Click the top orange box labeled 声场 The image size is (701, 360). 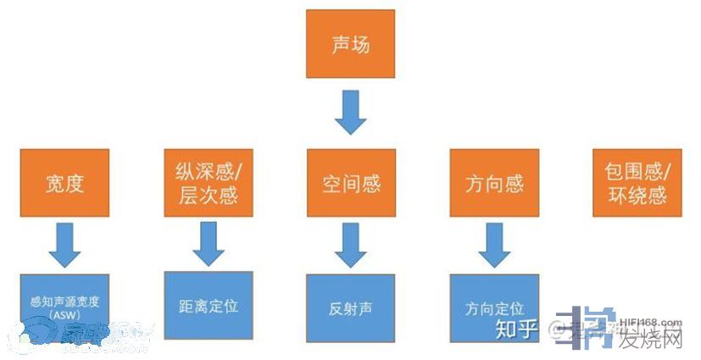click(x=350, y=44)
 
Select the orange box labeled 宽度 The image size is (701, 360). click(x=65, y=183)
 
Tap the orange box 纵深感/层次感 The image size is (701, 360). click(x=208, y=183)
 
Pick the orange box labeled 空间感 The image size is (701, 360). click(x=351, y=183)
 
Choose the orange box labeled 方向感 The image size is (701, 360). click(x=494, y=183)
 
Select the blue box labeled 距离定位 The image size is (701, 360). click(x=208, y=305)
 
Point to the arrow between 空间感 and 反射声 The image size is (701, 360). click(x=350, y=245)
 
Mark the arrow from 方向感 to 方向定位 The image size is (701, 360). click(x=494, y=245)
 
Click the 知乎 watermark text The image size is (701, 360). click(x=515, y=328)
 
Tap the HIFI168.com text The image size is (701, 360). click(x=649, y=322)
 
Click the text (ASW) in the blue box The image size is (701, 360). click(x=64, y=315)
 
